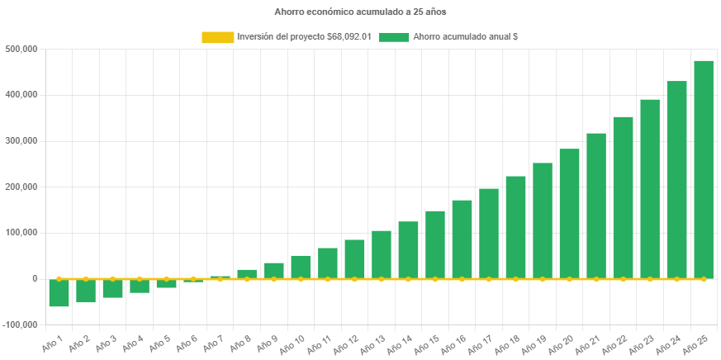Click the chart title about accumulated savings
coord(360,12)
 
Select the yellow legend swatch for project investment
coord(217,37)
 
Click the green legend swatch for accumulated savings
coord(394,37)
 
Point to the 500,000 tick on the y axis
coord(23,49)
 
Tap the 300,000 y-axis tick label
coord(23,141)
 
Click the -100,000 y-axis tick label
coord(21,324)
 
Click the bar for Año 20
coord(569,214)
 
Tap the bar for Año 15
coord(435,244)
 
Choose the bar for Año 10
coord(301,267)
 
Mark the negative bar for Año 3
coord(112,288)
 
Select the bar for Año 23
coord(650,189)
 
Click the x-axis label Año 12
coord(349,341)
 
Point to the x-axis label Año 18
coord(510,341)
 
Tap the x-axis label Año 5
coord(162,341)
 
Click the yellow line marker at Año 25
coord(704,279)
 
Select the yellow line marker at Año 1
coord(59,279)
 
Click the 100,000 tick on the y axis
coord(23,233)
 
